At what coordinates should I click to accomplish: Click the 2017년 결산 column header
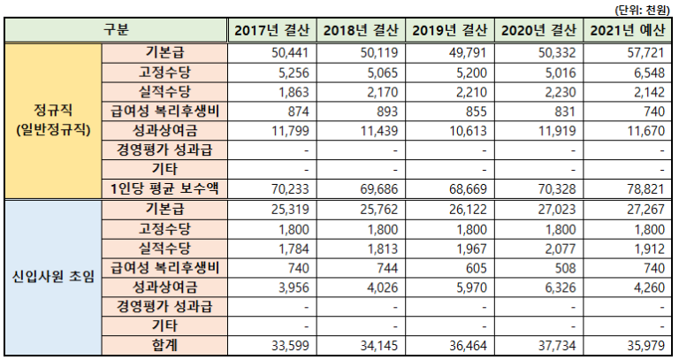pos(271,31)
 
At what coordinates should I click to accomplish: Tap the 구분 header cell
pos(116,31)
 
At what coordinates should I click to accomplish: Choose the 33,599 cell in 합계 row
pos(287,343)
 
